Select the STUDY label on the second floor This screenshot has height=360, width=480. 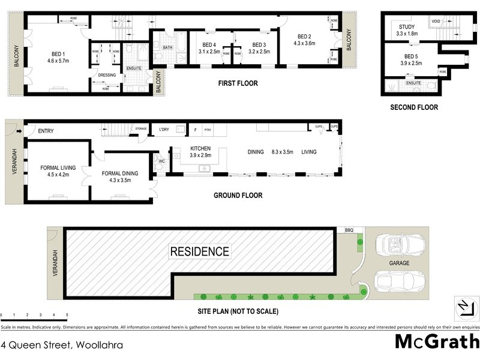(407, 26)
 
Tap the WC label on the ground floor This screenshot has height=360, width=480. (161, 160)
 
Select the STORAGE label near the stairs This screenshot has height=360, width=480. (141, 128)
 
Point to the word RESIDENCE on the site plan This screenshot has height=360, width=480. (199, 251)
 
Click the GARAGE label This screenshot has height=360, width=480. (398, 263)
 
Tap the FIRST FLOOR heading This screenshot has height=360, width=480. (238, 83)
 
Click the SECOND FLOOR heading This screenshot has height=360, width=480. (414, 108)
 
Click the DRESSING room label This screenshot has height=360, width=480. (107, 75)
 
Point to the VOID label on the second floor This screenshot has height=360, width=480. (436, 22)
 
